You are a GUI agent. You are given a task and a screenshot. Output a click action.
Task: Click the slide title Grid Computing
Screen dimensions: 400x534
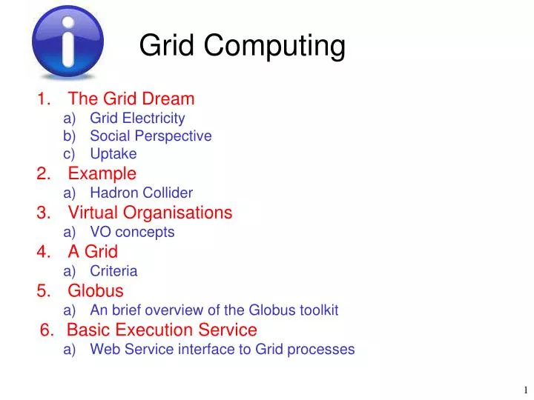[x=243, y=46]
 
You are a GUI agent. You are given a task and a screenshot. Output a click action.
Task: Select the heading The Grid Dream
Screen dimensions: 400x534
[x=131, y=99]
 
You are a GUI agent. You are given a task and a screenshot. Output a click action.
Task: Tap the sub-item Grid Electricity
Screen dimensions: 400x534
[x=137, y=118]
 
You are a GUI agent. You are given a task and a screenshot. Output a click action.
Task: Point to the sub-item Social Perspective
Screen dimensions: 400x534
[x=151, y=136]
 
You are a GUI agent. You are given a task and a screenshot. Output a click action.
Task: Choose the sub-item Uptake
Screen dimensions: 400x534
[x=113, y=154]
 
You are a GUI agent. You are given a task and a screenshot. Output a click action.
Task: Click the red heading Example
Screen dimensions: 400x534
[x=102, y=174]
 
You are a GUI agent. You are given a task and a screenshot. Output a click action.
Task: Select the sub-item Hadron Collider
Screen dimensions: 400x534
[x=141, y=193]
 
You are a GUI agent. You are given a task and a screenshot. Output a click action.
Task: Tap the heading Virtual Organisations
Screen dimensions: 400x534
[x=150, y=213]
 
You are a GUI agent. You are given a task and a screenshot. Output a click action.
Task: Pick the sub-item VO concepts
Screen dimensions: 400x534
[x=132, y=232]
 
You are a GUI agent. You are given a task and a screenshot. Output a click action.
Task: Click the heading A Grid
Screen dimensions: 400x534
[x=93, y=252]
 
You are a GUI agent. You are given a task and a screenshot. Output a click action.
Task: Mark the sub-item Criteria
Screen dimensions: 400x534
[x=113, y=271]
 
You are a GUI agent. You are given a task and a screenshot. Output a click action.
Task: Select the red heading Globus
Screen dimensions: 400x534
[x=96, y=290]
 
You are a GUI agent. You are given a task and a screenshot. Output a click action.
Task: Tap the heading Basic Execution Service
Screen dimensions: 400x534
[x=162, y=330]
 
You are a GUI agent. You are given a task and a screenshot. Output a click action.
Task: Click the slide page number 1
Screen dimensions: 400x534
[x=524, y=390]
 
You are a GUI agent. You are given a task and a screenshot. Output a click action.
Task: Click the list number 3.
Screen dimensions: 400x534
[x=42, y=213]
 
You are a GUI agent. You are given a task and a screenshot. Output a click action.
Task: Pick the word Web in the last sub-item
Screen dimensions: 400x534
[x=104, y=349]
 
